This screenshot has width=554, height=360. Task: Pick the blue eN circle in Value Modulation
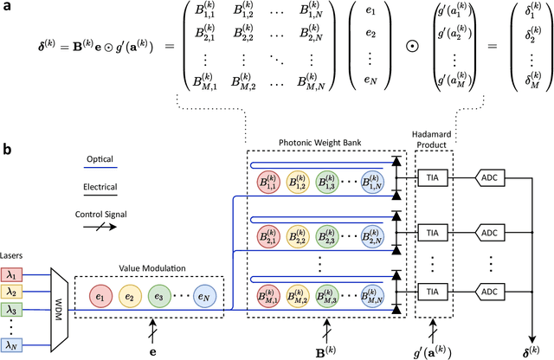click(x=205, y=298)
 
